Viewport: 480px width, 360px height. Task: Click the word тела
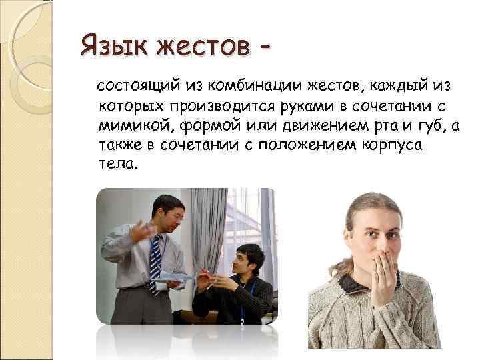click(x=119, y=164)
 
